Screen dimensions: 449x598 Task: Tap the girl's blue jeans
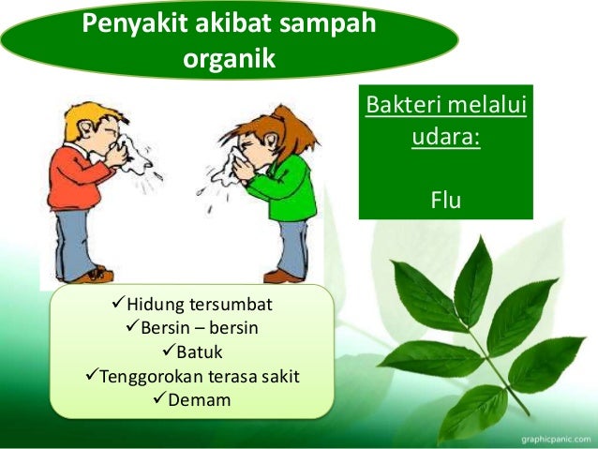click(x=291, y=244)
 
